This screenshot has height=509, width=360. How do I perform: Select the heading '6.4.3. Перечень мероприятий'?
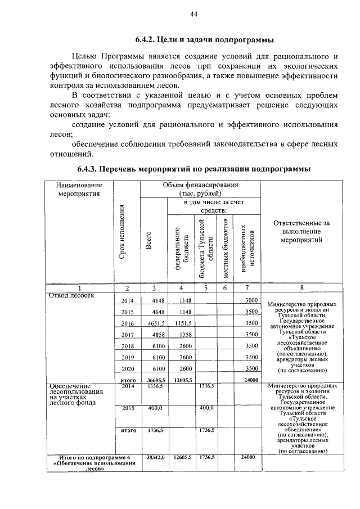[193, 169]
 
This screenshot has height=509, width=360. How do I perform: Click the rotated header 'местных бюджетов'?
[225, 247]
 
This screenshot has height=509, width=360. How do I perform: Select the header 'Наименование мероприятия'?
[79, 190]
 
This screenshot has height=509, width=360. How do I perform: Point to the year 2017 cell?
[128, 335]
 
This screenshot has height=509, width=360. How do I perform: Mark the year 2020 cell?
[128, 368]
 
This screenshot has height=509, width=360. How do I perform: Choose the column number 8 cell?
[301, 288]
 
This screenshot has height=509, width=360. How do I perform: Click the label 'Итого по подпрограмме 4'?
[80, 458]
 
